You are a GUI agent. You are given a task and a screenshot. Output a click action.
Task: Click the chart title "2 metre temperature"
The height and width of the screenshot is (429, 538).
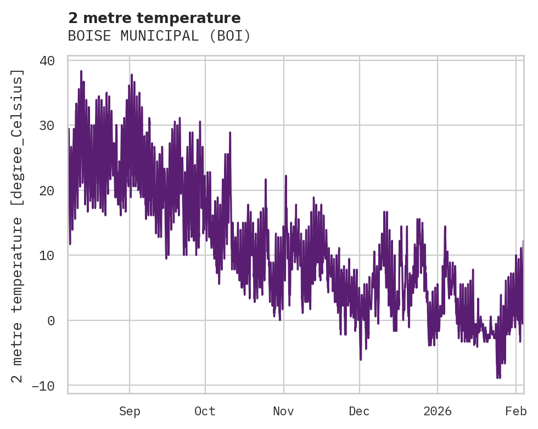coord(154,18)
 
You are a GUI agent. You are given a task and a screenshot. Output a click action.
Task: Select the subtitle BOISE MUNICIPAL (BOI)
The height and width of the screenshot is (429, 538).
coord(159,36)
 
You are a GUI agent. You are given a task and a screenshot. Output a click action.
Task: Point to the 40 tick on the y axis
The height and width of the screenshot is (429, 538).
coord(47,60)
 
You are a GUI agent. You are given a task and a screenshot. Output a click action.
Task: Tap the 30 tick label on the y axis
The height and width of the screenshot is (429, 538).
coord(47,126)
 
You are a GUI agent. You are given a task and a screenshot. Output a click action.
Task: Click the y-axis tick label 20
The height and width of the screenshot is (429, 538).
coord(47,190)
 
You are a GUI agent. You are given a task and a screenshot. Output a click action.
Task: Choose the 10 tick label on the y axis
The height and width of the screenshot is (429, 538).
coord(47,256)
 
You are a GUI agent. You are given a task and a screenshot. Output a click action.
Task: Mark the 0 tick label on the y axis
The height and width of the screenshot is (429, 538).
coord(51,320)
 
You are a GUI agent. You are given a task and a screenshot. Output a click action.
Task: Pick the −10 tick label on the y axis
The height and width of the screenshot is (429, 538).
coord(43,386)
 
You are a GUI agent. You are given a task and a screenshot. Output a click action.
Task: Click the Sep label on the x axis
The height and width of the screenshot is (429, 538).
coord(130,411)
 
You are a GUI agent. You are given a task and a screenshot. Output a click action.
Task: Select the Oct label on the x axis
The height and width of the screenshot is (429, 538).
coord(205,411)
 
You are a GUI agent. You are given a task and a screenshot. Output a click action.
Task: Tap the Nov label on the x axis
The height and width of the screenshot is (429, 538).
coord(284,411)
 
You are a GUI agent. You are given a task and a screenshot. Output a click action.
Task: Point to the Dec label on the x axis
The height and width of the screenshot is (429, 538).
coord(360,411)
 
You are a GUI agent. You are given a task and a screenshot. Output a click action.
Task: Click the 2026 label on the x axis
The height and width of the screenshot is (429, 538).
coord(438,411)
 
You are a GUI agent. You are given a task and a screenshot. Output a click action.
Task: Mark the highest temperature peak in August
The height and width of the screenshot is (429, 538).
coord(81,71)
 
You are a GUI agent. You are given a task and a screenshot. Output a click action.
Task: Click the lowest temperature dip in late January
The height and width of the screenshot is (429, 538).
coord(498,378)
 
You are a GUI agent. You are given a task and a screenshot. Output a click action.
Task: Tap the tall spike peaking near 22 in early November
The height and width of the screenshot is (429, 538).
coord(286,176)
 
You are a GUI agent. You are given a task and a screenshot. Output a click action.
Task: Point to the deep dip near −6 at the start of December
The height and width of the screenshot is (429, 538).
coord(361,359)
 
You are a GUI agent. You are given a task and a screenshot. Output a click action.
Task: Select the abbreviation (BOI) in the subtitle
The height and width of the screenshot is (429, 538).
coord(232,36)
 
